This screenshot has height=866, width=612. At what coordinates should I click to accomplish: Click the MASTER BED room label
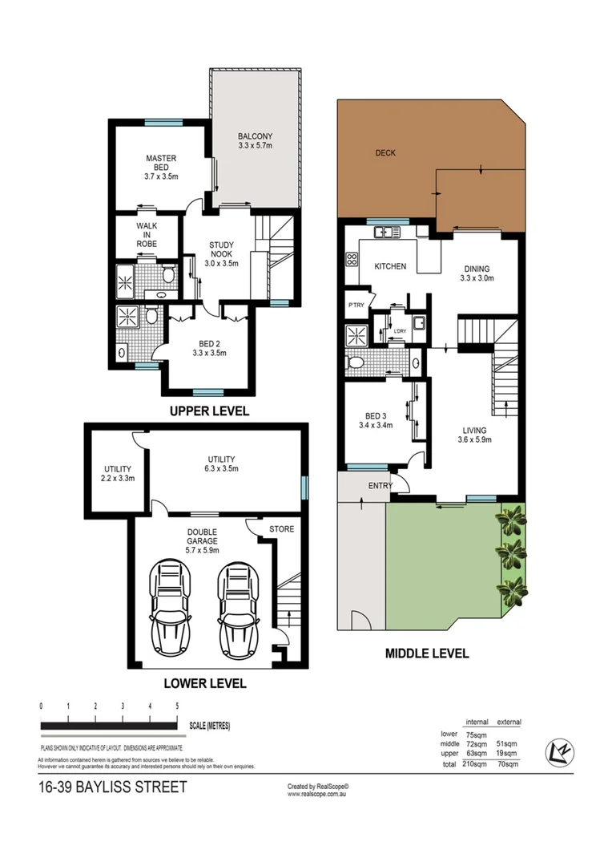point(161,167)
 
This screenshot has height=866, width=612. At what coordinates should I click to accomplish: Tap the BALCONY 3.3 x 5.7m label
point(256,141)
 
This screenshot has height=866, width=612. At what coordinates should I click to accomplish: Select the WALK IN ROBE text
point(146,235)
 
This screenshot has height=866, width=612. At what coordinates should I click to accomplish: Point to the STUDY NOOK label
point(222,253)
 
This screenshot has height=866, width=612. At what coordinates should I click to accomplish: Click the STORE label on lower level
point(281,529)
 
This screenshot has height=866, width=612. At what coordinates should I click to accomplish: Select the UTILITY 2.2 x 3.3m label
point(118,473)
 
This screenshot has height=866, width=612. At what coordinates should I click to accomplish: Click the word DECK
point(385,152)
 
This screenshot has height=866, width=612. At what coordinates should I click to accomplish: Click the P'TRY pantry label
point(356,306)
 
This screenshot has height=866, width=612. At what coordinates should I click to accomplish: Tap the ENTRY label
point(380,487)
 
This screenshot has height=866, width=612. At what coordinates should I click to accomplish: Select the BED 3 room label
point(379,420)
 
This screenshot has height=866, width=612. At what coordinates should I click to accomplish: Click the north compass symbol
point(558,752)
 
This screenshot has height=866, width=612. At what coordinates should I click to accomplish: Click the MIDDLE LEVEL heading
point(427,654)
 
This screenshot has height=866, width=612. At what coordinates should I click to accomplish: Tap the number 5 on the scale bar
point(177,706)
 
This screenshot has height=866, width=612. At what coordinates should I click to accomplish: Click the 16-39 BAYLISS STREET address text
point(112,787)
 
